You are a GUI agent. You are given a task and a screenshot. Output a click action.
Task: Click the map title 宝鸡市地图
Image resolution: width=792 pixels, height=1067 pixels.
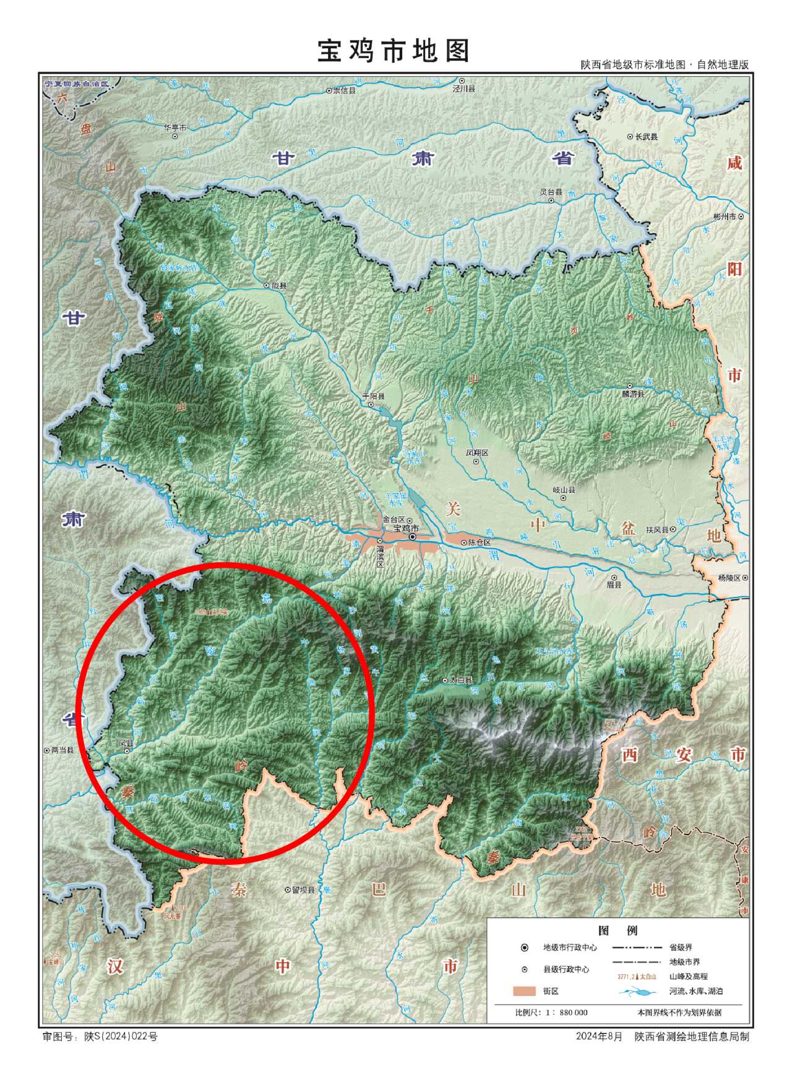pyautogui.click(x=394, y=51)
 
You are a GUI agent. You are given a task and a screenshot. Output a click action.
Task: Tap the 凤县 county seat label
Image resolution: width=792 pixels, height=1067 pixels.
pyautogui.click(x=126, y=742)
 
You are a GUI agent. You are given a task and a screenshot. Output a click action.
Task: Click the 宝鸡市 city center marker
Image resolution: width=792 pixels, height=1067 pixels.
pyautogui.click(x=412, y=537)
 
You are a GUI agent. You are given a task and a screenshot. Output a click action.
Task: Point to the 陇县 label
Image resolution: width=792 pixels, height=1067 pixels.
pyautogui.click(x=278, y=286)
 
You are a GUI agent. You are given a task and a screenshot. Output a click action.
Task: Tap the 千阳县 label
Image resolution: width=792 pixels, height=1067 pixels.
pyautogui.click(x=373, y=396)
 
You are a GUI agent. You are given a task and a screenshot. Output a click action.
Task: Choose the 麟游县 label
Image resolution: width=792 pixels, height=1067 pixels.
pyautogui.click(x=633, y=393)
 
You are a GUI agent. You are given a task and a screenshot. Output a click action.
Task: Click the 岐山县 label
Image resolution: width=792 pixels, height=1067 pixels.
pyautogui.click(x=564, y=489)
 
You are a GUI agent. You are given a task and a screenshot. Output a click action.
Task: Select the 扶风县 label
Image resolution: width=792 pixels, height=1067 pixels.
pyautogui.click(x=657, y=529)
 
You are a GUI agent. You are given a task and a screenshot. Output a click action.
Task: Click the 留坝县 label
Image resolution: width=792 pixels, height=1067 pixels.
pyautogui.click(x=303, y=890)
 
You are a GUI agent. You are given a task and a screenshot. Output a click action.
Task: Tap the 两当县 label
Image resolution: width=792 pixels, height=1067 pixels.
pyautogui.click(x=62, y=750)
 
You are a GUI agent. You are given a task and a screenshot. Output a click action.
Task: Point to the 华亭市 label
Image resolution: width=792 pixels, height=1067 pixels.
pyautogui.click(x=175, y=127)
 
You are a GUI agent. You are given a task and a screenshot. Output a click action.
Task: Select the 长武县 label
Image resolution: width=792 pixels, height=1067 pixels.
pyautogui.click(x=646, y=137)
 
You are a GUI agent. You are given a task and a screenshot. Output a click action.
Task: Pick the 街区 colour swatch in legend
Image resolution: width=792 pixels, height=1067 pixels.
pyautogui.click(x=524, y=991)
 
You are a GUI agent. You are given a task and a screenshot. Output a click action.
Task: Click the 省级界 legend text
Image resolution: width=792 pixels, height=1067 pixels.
pyautogui.click(x=681, y=947)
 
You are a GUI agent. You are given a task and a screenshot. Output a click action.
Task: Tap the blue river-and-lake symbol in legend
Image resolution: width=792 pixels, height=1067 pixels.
pyautogui.click(x=637, y=992)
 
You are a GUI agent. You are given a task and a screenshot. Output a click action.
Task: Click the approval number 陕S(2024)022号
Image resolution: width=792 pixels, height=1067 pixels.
pyautogui.click(x=121, y=1036)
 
